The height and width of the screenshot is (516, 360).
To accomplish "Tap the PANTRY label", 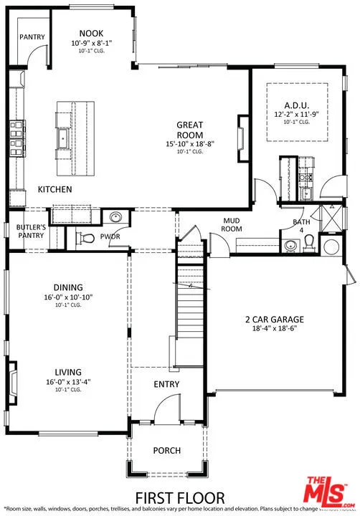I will (32, 37).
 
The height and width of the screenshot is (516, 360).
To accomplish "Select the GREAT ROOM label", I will (190, 130).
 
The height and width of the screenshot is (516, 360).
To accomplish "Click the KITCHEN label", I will (55, 190).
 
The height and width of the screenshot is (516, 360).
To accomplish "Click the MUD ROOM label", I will (231, 225).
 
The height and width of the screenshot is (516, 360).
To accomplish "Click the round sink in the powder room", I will (115, 218).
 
